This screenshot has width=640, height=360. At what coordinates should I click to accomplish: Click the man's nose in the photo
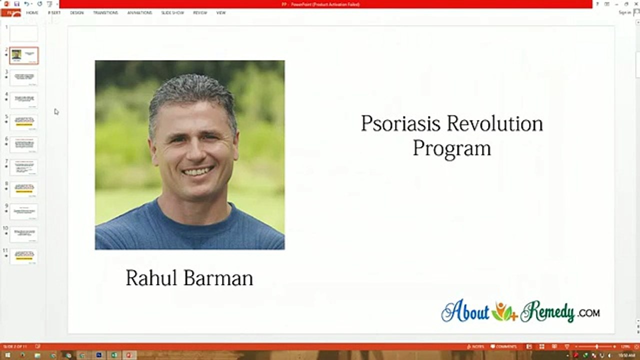tap(195, 150)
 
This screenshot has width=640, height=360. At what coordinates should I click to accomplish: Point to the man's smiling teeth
tap(197, 171)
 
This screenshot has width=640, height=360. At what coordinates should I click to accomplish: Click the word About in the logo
tap(465, 312)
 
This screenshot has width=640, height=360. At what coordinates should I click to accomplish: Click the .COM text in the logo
tap(588, 313)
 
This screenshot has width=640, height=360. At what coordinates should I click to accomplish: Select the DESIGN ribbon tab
tap(77, 12)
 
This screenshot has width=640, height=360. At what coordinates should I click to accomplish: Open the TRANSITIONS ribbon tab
tap(105, 12)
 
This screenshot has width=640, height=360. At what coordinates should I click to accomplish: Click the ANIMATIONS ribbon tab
tap(139, 12)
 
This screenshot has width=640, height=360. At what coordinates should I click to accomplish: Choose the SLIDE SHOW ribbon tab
tap(172, 12)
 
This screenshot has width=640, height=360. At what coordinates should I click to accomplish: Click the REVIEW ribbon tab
tap(200, 12)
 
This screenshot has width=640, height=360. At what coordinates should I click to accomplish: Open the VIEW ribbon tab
tap(221, 12)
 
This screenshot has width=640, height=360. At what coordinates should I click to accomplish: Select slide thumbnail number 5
tap(23, 122)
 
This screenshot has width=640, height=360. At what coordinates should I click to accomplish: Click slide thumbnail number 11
tap(23, 256)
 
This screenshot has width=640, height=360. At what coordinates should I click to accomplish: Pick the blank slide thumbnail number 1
tap(23, 33)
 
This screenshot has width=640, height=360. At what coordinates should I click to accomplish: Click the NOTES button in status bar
tap(475, 346)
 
